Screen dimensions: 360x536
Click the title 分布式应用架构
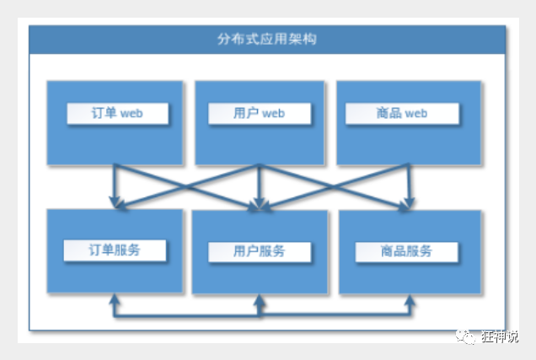[x=267, y=39]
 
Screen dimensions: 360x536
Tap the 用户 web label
[x=260, y=113]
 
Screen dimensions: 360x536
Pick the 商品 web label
[x=403, y=113]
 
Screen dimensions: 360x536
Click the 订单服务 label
[x=115, y=250]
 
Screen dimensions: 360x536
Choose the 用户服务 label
[x=259, y=251]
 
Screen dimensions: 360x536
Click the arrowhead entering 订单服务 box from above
[x=115, y=203]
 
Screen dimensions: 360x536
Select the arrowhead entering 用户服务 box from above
[x=260, y=204]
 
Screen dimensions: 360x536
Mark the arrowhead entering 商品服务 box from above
[x=409, y=203]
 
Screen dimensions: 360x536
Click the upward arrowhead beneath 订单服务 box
[x=115, y=300]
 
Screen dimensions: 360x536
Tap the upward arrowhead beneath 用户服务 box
[x=260, y=301]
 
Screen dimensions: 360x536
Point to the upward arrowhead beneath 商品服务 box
[x=409, y=301]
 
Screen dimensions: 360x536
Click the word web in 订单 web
[x=132, y=113]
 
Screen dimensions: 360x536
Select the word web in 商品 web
[x=418, y=113]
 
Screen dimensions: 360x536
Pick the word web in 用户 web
[x=275, y=113]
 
